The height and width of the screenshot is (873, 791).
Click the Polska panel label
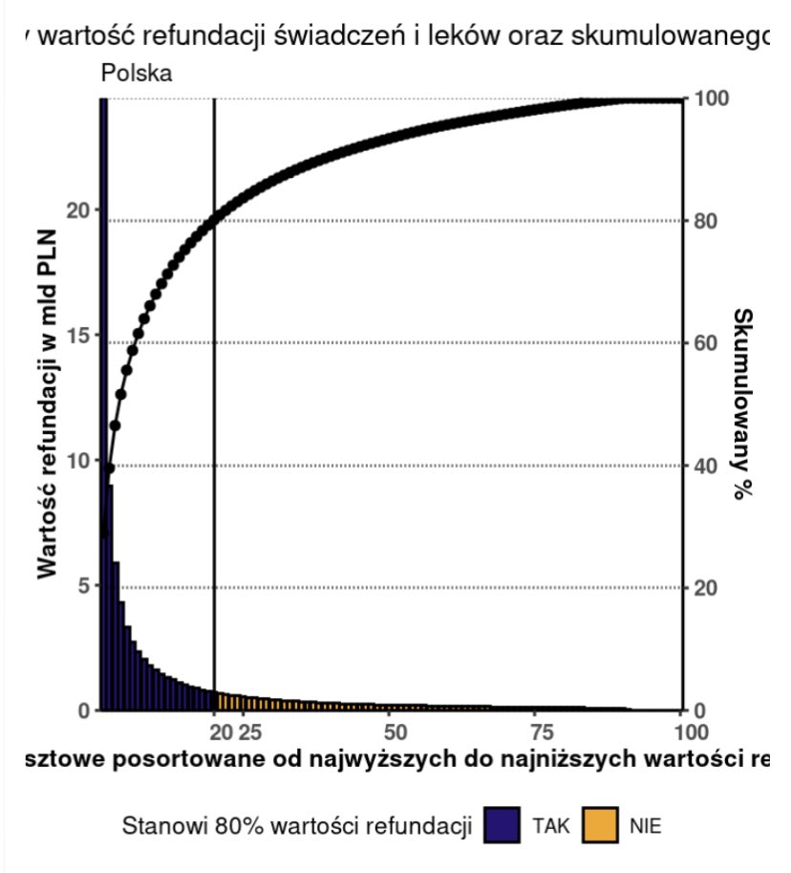(136, 74)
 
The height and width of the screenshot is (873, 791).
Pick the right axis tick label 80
(707, 221)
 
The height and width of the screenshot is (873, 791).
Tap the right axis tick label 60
(707, 343)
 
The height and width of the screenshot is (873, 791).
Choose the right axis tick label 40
(707, 466)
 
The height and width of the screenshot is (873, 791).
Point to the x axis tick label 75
(540, 733)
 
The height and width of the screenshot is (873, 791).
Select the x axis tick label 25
(248, 733)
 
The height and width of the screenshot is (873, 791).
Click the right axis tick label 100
(713, 99)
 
